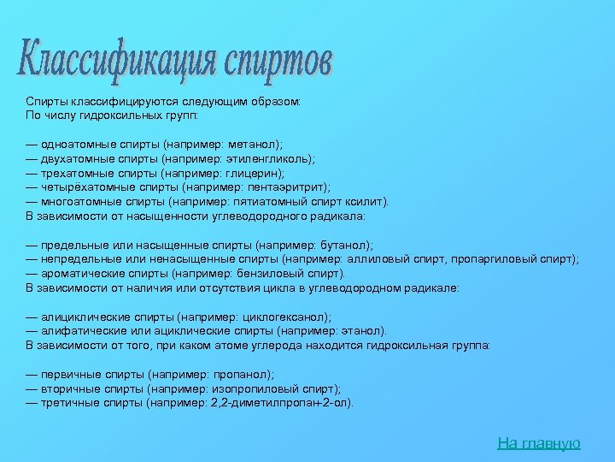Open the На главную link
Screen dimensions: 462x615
(x=538, y=442)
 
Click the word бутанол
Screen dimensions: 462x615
(x=345, y=245)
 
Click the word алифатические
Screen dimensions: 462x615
(x=78, y=330)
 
